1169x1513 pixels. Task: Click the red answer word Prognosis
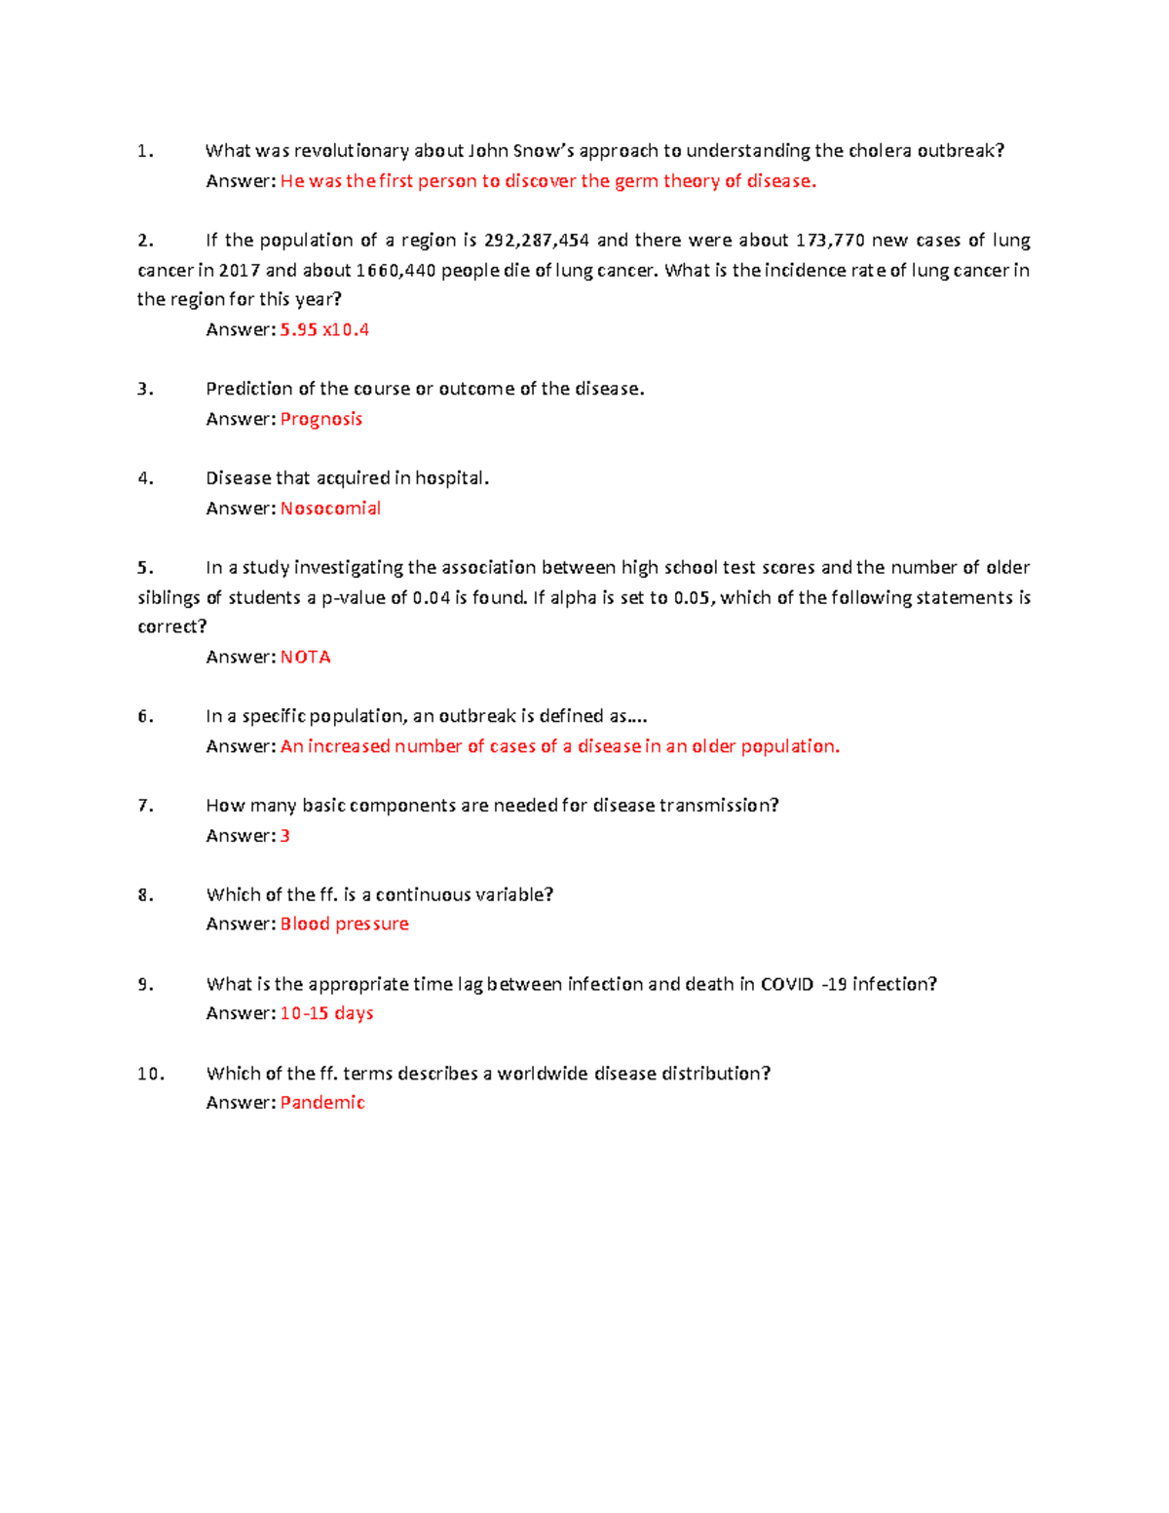[x=321, y=419]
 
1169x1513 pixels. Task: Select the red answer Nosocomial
[x=330, y=509]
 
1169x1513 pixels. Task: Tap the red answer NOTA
[x=306, y=658]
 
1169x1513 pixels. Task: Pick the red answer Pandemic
[x=322, y=1103]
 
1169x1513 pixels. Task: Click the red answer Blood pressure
[x=345, y=925]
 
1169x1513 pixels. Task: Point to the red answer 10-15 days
[x=327, y=1014]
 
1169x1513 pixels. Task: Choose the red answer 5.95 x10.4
[x=325, y=330]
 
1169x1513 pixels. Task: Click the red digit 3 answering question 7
[x=285, y=836]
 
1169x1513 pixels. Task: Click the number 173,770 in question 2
[x=830, y=241]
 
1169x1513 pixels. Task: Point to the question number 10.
[x=151, y=1074]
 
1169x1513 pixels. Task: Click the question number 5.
[x=145, y=568]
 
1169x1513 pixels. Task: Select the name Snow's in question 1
[x=544, y=151]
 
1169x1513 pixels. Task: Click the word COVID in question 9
[x=787, y=985]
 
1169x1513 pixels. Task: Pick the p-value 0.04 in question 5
[x=432, y=598]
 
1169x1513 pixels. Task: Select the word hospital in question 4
[x=451, y=478]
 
